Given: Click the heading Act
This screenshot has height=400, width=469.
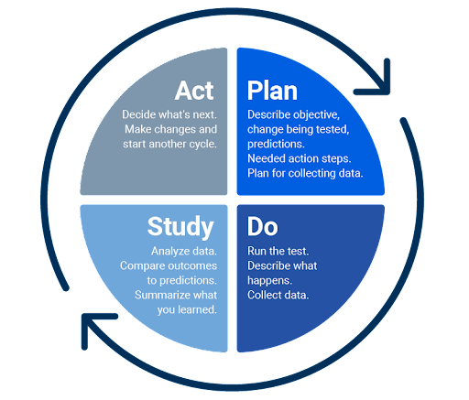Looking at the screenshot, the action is coord(194,91).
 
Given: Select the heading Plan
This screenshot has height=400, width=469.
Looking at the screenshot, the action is coord(272,91).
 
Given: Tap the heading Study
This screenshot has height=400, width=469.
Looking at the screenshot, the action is coord(180,227).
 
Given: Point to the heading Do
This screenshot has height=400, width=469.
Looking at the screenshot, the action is coord(263,226).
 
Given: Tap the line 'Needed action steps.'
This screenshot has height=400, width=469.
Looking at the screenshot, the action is coord(300,158).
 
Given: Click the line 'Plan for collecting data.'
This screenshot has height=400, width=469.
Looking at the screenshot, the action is coord(305,173).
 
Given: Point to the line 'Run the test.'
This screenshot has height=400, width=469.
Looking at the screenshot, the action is coord(278,251).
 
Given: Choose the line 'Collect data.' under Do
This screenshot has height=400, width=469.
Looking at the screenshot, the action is coord(278,295).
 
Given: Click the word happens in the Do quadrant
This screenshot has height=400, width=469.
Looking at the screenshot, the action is coord(269,281).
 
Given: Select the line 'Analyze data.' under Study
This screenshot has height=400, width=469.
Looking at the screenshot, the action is coord(184,251).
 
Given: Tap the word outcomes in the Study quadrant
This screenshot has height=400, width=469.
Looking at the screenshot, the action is coord(194,265).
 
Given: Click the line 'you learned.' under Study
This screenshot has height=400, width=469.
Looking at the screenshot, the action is coord(187,310).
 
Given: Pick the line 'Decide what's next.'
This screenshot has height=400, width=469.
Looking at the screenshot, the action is coord(169,114).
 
